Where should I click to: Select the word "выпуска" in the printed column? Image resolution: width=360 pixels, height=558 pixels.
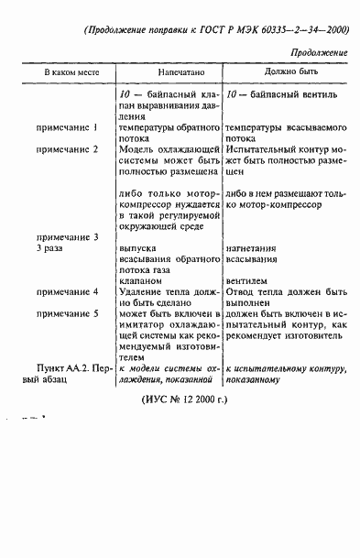(137, 248)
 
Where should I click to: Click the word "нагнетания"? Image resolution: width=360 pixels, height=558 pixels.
(253, 248)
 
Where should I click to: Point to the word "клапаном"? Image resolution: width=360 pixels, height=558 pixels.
(140, 281)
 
